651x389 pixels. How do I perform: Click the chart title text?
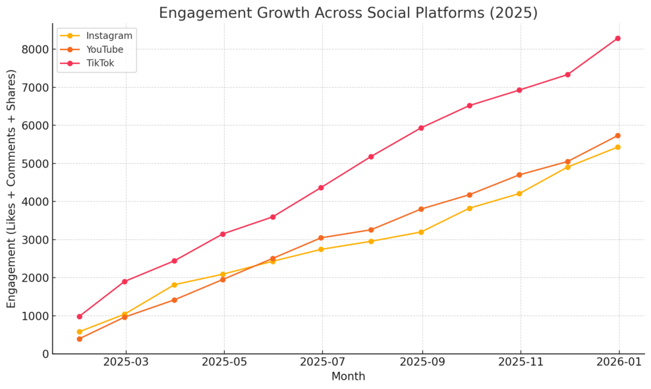coord(348,13)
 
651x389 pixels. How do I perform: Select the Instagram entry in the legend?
coord(109,36)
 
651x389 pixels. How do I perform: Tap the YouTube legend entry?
coord(105,49)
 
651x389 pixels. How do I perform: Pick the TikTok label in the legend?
coord(99,63)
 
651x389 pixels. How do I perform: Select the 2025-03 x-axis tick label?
coord(126,363)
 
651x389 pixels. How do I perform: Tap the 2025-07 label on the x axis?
coord(322,363)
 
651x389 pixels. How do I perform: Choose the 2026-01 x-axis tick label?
coord(617,363)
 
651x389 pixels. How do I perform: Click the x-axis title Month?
coord(348,377)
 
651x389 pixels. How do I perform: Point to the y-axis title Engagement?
coord(12,189)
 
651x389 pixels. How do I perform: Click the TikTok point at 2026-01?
coord(617,38)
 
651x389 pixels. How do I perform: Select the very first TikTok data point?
coord(80,316)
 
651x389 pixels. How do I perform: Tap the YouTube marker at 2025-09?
coord(421,209)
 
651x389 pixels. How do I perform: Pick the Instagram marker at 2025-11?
coord(519,194)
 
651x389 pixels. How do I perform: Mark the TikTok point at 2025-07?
coord(321,188)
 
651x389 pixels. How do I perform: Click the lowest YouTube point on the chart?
coord(80,339)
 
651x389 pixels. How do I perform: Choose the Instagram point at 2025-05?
coord(223,274)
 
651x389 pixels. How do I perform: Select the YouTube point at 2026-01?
coord(617,136)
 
